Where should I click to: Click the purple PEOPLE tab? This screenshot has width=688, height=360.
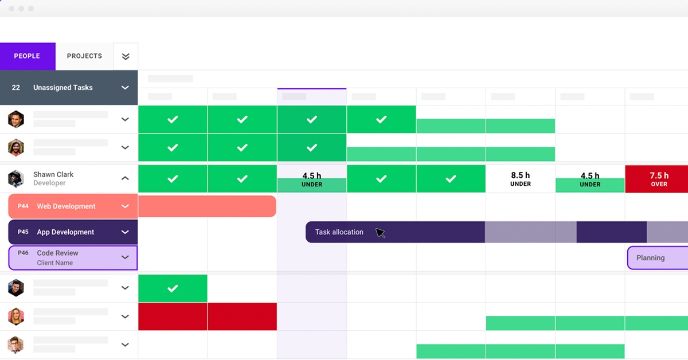click(27, 56)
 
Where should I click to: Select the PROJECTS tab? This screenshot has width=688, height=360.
click(84, 56)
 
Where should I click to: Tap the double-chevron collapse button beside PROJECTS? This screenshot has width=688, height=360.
click(126, 56)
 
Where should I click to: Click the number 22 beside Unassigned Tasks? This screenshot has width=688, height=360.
click(16, 88)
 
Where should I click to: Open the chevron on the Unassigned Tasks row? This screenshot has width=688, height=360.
click(125, 88)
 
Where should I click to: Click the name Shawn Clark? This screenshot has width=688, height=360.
click(53, 174)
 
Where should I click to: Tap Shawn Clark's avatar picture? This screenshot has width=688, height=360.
click(16, 178)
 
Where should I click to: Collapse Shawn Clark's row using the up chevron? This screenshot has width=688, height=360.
click(125, 178)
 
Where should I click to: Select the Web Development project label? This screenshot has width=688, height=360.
click(66, 206)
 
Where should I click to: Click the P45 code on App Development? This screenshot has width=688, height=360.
click(23, 232)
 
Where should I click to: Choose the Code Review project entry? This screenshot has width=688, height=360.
click(57, 253)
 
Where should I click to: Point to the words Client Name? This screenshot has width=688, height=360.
click(54, 263)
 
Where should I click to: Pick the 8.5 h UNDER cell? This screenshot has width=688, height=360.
click(520, 179)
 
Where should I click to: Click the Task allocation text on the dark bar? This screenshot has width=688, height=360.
click(339, 232)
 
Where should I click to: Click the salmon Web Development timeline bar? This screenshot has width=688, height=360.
click(207, 206)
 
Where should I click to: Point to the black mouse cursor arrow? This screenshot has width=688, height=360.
click(380, 232)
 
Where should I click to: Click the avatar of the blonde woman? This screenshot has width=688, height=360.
click(16, 316)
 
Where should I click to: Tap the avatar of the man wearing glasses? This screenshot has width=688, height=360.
click(16, 345)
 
